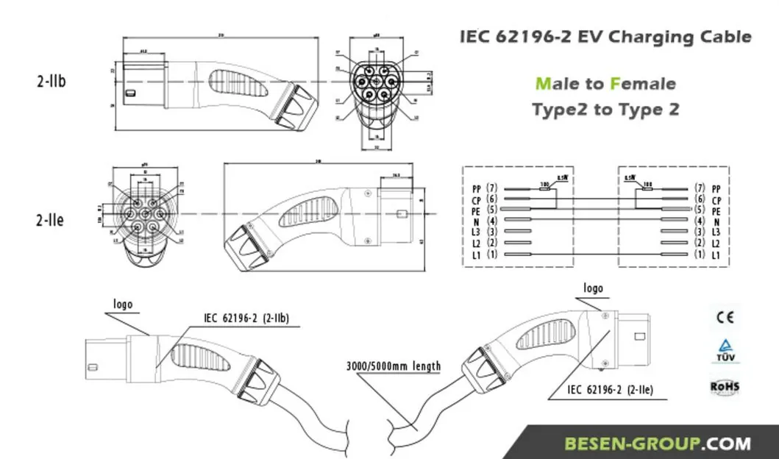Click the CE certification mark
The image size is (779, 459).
[725, 318]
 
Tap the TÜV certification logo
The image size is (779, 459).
[725, 351]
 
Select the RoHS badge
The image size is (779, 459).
[725, 387]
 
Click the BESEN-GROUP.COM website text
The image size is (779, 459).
[658, 444]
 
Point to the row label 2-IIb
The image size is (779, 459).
[51, 81]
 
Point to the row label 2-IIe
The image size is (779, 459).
[50, 219]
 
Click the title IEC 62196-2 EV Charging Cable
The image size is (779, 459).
[605, 37]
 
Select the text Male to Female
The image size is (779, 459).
[605, 83]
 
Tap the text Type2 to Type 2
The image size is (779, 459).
[605, 110]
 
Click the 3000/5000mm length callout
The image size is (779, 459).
[394, 366]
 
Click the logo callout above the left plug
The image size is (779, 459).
[123, 304]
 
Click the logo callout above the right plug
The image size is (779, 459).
[593, 288]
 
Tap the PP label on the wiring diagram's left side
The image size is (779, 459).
[476, 189]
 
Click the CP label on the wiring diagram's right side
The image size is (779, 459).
[716, 200]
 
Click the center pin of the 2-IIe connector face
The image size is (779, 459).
[143, 215]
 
